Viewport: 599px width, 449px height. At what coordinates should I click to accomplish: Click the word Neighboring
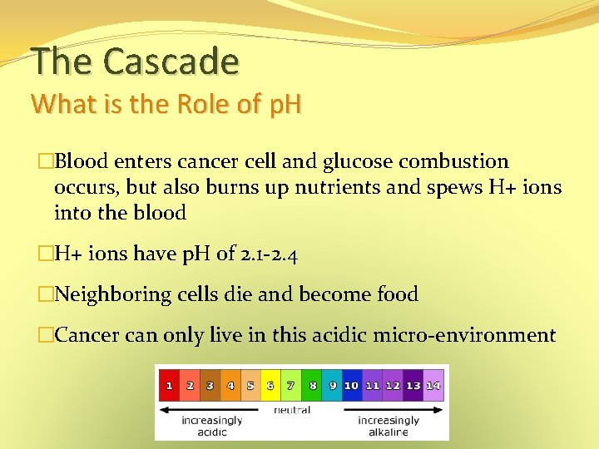(x=112, y=294)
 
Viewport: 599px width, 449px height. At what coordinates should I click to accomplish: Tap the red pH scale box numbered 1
(x=169, y=386)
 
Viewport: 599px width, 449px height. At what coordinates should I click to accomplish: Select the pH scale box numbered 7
(x=290, y=386)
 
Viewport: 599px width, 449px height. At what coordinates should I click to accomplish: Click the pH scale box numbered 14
(x=433, y=386)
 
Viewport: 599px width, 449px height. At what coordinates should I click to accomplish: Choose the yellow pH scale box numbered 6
(x=270, y=386)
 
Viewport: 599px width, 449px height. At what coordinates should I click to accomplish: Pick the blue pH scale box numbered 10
(x=351, y=386)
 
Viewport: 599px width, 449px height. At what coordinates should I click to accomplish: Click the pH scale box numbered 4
(x=230, y=386)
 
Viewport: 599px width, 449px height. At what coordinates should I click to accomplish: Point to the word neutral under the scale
(x=291, y=410)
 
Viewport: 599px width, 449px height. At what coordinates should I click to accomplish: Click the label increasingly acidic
(x=211, y=426)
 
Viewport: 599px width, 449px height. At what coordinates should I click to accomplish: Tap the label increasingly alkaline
(x=389, y=426)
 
